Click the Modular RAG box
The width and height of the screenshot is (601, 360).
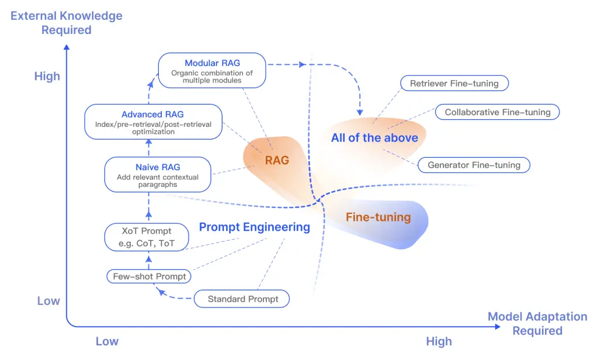[212, 71]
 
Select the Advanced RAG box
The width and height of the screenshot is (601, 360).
[152, 122]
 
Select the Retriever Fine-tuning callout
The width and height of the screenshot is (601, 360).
[454, 84]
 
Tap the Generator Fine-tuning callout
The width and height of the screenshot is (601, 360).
[474, 165]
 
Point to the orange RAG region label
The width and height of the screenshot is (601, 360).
[277, 160]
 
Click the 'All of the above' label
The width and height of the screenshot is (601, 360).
[374, 138]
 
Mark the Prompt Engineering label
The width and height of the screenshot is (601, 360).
[254, 227]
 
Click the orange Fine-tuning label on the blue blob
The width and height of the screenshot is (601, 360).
[378, 217]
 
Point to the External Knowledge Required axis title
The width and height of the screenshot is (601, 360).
[67, 22]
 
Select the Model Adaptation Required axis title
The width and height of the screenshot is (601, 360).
[537, 324]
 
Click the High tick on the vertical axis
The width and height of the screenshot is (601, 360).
[47, 77]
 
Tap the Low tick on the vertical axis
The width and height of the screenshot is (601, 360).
[48, 301]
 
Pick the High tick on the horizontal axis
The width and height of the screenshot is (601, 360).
[439, 341]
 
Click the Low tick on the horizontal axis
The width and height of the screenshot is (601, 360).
[107, 341]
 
